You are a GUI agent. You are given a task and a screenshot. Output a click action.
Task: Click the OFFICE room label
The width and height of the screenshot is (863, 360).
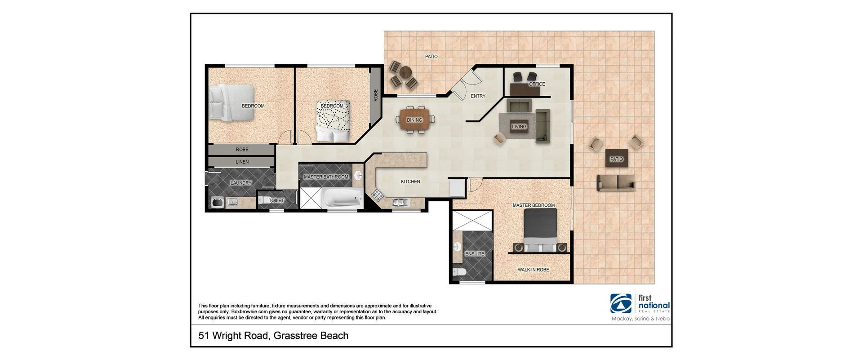537,84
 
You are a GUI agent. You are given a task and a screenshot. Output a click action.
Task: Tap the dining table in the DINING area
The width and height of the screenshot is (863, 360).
415,120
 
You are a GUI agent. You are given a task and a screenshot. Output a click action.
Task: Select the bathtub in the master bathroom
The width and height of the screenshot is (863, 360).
343,198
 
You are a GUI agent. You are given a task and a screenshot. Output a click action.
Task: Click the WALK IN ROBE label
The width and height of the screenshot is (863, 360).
533,270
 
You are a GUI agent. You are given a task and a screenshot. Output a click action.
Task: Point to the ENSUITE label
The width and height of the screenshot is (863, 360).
475,254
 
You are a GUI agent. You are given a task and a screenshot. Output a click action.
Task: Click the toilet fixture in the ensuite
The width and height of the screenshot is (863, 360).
459,272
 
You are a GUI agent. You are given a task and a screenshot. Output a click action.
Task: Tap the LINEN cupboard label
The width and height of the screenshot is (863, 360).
242,162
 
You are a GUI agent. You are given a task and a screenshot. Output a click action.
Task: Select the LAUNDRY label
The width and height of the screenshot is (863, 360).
241,183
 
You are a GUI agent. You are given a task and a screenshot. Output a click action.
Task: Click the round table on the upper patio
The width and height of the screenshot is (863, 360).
405,72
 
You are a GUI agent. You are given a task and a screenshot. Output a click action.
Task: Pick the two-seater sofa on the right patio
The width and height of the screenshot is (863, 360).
616,183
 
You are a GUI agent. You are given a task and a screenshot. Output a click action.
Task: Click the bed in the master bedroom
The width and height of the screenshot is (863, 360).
540,229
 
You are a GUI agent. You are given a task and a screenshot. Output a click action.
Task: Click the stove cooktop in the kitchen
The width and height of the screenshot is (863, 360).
376,195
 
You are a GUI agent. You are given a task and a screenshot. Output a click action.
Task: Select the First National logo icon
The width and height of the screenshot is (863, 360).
621,303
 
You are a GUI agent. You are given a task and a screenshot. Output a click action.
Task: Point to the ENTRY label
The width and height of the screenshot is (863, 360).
478,96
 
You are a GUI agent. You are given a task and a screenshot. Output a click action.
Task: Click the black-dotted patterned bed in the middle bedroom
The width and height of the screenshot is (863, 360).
333,120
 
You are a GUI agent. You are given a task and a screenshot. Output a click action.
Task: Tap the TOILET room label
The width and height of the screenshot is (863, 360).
276,200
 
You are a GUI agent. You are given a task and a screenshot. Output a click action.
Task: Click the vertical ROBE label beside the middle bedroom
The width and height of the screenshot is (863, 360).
376,95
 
